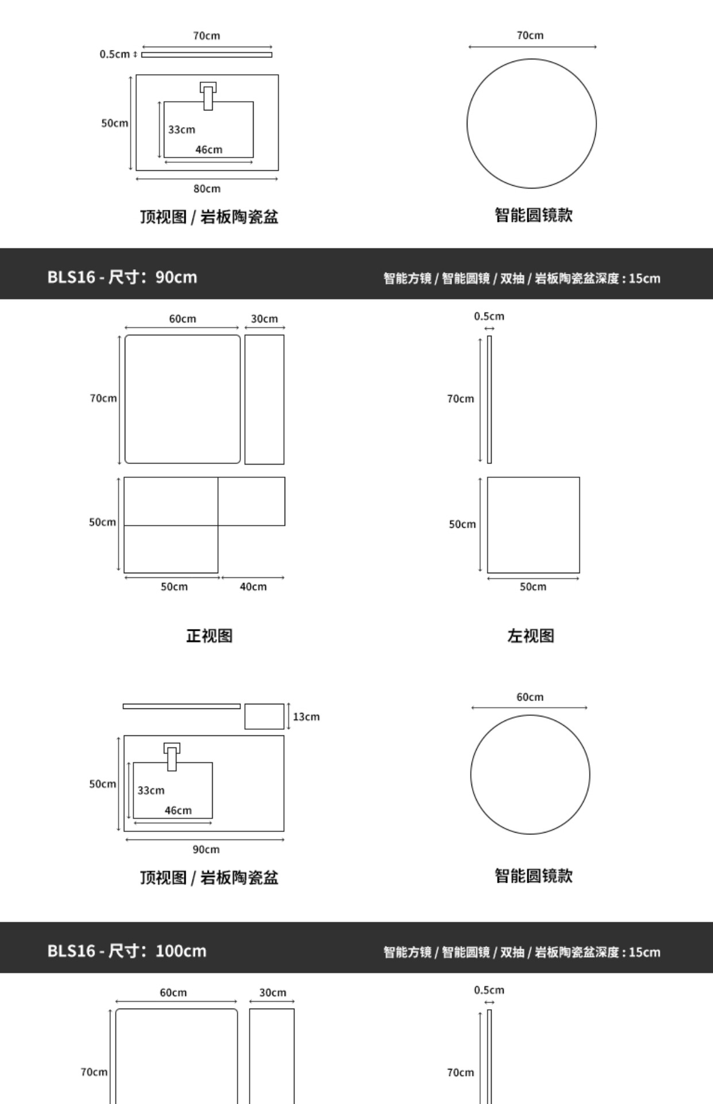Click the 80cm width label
click(206, 189)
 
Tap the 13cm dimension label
click(306, 716)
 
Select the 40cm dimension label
click(253, 586)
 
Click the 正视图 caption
click(209, 635)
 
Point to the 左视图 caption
click(530, 635)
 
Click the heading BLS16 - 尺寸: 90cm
click(122, 277)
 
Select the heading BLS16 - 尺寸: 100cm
click(126, 950)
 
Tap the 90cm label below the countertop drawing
click(206, 849)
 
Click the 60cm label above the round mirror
click(530, 697)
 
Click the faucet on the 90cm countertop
click(171, 757)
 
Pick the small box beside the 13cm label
click(264, 716)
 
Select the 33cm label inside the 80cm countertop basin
click(182, 129)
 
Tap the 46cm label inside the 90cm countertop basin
click(178, 810)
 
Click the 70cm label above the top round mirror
click(530, 35)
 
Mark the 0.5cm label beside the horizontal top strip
click(114, 54)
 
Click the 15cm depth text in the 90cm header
click(644, 278)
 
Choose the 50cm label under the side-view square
click(533, 586)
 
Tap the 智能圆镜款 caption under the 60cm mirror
click(534, 876)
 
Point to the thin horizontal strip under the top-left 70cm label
click(206, 55)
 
